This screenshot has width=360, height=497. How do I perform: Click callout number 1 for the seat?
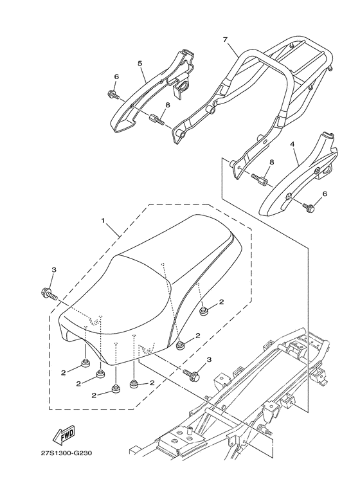[102, 221]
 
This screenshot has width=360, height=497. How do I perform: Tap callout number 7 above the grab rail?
[224, 40]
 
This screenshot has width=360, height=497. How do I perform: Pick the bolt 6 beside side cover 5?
[114, 96]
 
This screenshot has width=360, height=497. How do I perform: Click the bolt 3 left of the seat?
[50, 294]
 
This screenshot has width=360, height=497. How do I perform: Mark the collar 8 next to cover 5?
[155, 118]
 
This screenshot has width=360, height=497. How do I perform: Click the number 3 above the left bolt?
[53, 270]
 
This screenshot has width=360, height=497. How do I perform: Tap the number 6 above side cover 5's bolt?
[116, 77]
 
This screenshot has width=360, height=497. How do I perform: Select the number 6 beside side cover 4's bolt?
[323, 194]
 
